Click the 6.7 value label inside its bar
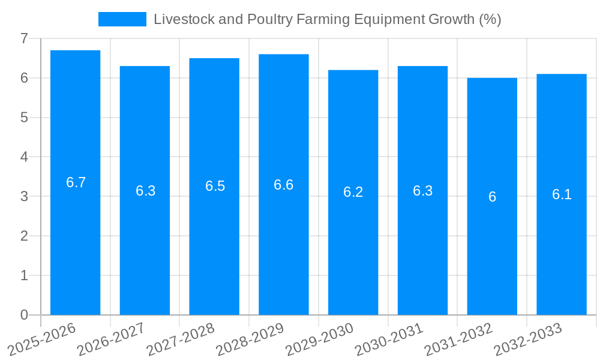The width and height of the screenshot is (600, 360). [76, 182]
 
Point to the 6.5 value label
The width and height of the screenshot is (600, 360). [215, 186]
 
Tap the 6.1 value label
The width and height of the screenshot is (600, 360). [562, 194]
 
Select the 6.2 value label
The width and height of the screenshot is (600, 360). [353, 192]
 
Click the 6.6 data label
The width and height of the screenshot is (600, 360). [284, 185]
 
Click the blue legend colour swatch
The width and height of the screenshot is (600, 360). [122, 19]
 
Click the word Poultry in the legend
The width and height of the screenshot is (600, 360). [268, 19]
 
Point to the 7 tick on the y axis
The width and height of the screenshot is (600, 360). [24, 38]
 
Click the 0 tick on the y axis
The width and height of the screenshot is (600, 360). [24, 315]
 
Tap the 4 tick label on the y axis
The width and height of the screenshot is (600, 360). [24, 157]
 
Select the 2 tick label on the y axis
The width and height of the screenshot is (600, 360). [24, 236]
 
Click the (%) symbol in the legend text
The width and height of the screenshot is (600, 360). [490, 19]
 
